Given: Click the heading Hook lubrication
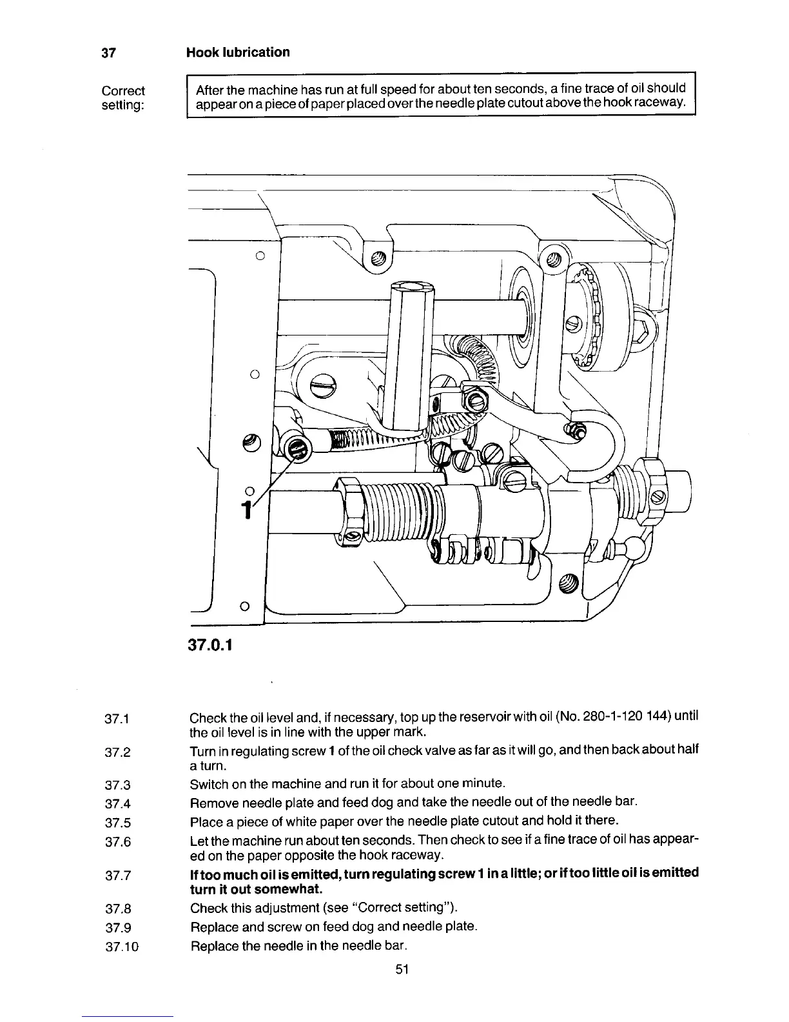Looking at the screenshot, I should pyautogui.click(x=237, y=52).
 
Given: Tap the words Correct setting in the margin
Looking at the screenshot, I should pyautogui.click(x=123, y=97).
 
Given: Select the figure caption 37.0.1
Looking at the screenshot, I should pyautogui.click(x=210, y=644).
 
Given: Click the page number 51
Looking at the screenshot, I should pyautogui.click(x=404, y=969).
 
